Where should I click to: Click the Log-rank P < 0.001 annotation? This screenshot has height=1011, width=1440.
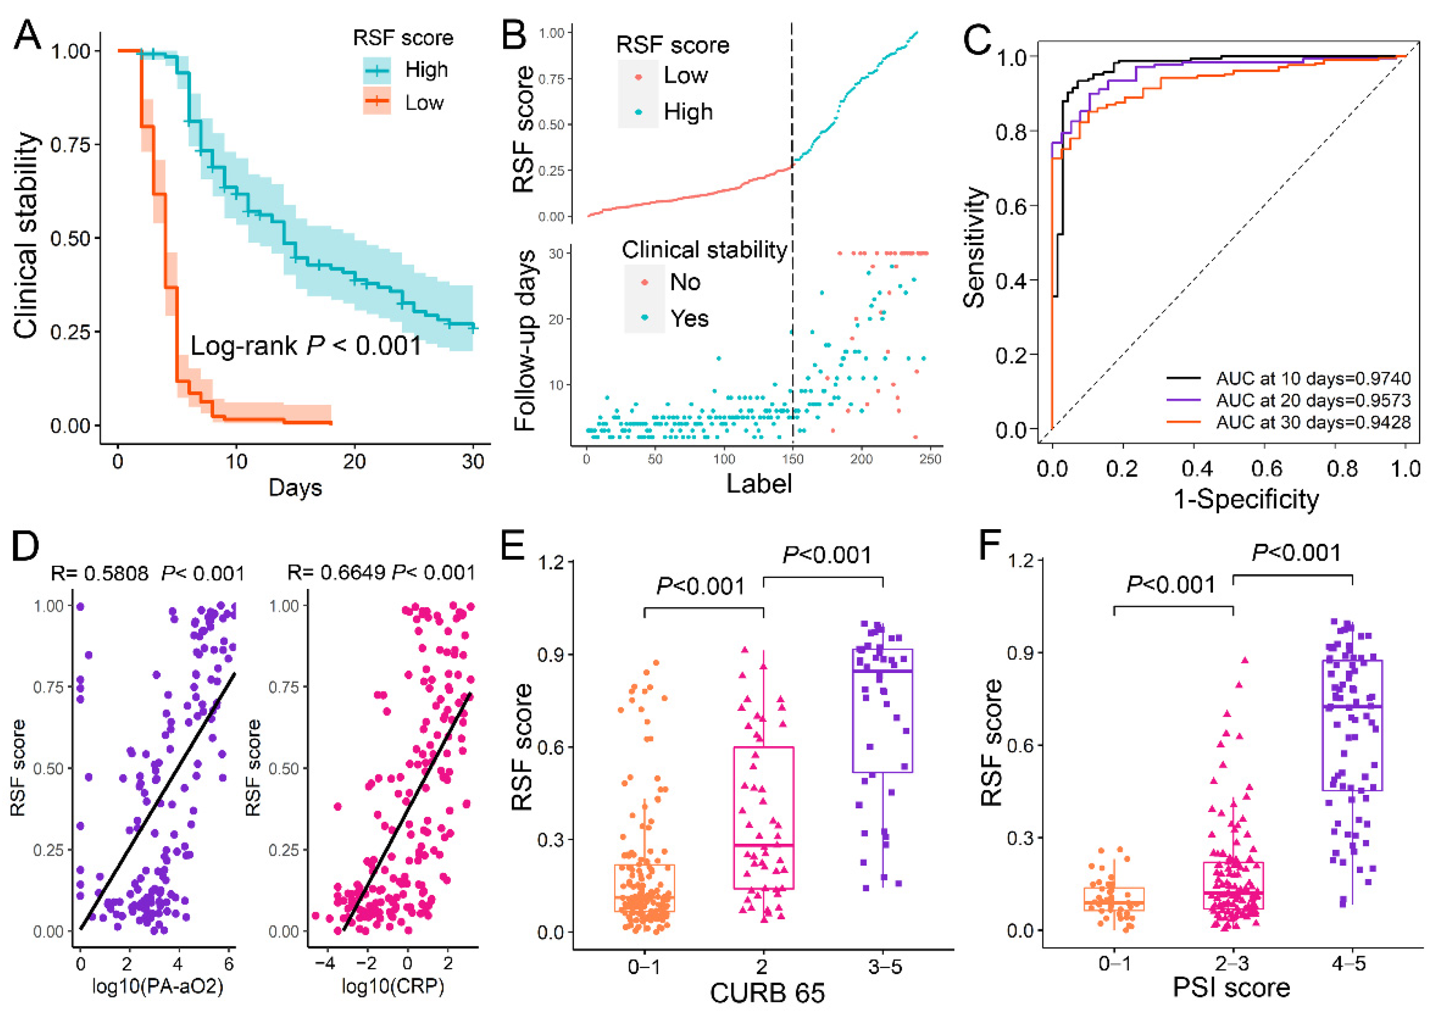(305, 346)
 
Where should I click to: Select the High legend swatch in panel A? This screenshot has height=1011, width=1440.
(377, 70)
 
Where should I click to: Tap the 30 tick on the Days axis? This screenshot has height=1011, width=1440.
(473, 462)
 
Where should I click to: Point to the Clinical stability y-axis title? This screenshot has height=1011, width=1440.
(26, 235)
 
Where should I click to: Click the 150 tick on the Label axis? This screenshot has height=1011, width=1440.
(793, 459)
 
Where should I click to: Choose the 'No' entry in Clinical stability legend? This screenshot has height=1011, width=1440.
(684, 282)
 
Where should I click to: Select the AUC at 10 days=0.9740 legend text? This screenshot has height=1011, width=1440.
(1313, 378)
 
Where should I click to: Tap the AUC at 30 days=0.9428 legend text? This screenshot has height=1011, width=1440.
(1313, 422)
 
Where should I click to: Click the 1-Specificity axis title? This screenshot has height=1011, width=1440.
(1246, 500)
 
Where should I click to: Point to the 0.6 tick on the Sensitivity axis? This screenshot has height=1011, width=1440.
(1011, 207)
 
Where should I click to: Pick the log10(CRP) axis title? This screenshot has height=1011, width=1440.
(392, 987)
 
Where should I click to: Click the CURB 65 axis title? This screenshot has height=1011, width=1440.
(767, 993)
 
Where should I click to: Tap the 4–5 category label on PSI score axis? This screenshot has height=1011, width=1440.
(1348, 963)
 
